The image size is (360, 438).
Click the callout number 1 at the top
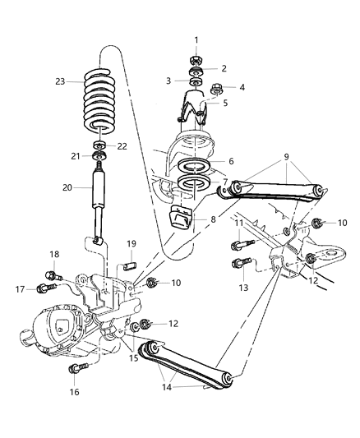tap(196, 40)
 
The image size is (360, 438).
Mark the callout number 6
tap(230, 162)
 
